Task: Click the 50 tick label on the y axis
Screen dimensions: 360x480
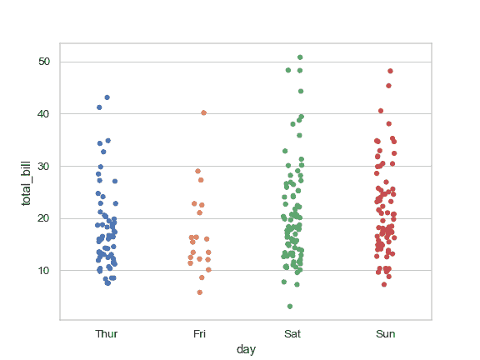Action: (x=43, y=62)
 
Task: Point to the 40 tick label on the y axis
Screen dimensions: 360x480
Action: (x=43, y=114)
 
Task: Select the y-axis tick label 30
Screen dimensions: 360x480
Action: (x=43, y=166)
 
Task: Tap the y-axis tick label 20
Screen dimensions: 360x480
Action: (x=43, y=218)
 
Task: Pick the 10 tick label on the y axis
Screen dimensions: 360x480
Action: (x=43, y=271)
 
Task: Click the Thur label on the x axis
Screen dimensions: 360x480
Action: (x=107, y=334)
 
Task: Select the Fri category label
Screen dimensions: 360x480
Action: (x=199, y=334)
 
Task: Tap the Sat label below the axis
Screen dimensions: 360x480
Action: (x=292, y=334)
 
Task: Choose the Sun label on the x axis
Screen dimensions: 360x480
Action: (x=385, y=334)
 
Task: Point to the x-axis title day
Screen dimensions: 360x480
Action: (x=246, y=350)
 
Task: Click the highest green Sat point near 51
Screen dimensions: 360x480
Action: (x=300, y=57)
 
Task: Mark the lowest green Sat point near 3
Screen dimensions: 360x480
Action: (x=289, y=307)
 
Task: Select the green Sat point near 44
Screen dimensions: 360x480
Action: (x=301, y=92)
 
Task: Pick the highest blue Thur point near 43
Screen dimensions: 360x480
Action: (x=107, y=97)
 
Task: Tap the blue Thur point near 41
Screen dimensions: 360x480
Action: (x=99, y=107)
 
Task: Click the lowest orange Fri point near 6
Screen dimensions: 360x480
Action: (x=200, y=292)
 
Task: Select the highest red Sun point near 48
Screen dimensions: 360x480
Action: (x=390, y=72)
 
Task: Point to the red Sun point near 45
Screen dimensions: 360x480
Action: (x=388, y=86)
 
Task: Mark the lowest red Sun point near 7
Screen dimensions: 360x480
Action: (x=384, y=284)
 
